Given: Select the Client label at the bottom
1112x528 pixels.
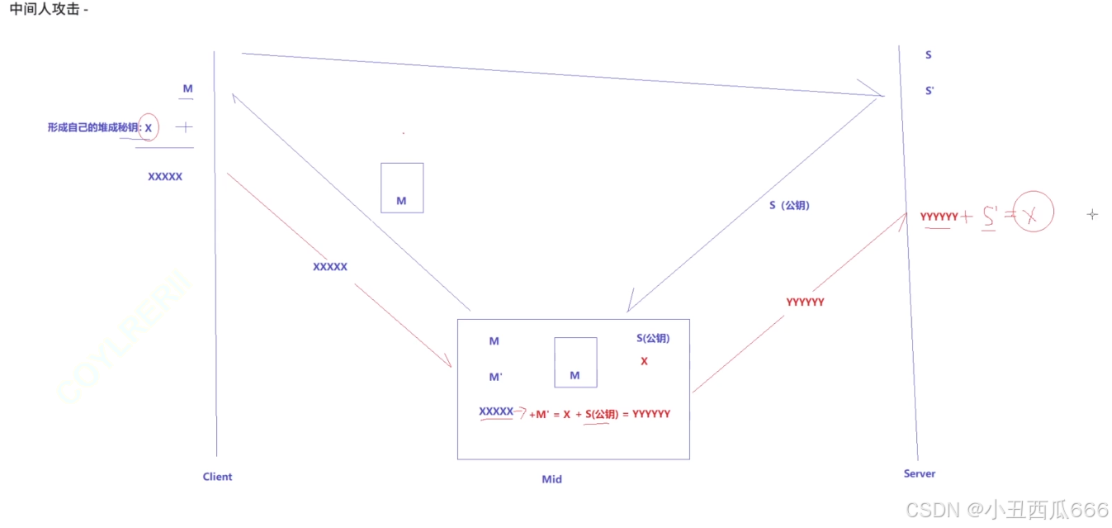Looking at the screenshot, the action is coord(217,477).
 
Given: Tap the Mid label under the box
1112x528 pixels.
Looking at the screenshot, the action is coord(551,479).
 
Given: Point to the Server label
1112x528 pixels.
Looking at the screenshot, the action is coord(919,473).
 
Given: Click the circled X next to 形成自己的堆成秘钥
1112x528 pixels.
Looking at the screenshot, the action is coord(149,127).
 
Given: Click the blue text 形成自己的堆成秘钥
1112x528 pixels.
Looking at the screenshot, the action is coord(94,128).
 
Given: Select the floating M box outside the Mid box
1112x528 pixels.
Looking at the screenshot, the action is coord(402,188).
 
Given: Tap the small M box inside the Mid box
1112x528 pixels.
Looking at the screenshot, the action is coord(575,363).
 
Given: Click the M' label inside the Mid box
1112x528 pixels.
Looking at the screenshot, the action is coord(495,377).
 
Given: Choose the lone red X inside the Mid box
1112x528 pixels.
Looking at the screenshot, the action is coord(644,361).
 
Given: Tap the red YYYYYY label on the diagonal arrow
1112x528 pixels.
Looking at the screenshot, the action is coord(805,302).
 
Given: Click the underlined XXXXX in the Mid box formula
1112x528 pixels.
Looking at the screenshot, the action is coord(496,411).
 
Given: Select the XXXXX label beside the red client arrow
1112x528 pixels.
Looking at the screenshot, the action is coord(329,267).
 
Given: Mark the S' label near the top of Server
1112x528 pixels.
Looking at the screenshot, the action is coord(930,91).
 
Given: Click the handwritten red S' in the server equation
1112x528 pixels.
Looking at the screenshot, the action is coord(989,217).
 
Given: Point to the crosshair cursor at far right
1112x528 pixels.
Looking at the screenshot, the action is coord(1092,215).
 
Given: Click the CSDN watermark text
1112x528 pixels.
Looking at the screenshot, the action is coord(1006,509).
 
